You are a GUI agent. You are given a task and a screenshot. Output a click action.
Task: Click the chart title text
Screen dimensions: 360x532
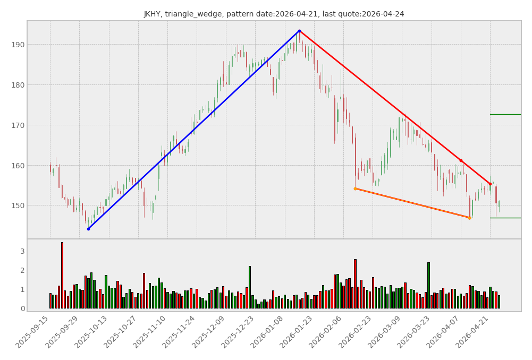point(274,14)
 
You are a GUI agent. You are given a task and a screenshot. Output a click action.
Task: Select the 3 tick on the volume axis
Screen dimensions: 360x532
point(22,251)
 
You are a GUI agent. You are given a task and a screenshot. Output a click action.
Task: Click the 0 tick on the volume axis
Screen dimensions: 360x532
point(22,308)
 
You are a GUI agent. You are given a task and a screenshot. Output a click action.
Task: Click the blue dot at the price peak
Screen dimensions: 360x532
point(299,31)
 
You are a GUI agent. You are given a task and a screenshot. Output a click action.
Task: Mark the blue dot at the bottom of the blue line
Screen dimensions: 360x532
point(88,229)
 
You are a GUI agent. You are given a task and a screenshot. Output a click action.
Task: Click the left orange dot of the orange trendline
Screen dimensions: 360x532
point(355,188)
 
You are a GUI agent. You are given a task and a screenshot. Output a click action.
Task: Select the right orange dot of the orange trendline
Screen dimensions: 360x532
point(469,218)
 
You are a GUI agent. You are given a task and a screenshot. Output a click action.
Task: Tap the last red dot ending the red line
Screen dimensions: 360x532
point(490,184)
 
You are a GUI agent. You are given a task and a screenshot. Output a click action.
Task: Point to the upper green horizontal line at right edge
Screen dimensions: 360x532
point(505,114)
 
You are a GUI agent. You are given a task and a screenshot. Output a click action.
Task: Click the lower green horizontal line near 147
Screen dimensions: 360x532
point(505,218)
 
